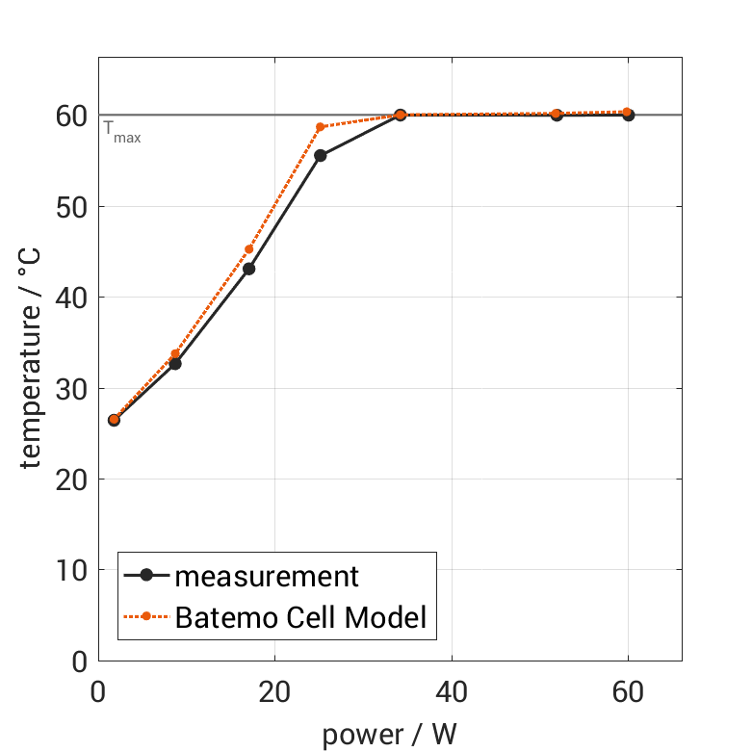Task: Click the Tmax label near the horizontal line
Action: pyautogui.click(x=122, y=135)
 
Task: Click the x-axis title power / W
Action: pyautogui.click(x=389, y=735)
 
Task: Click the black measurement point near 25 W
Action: pyautogui.click(x=320, y=155)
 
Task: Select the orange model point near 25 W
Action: pyautogui.click(x=320, y=127)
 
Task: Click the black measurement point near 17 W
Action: pyautogui.click(x=248, y=269)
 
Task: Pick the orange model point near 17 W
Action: pyautogui.click(x=248, y=249)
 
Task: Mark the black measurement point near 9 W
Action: pyautogui.click(x=175, y=363)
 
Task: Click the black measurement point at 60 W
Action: pyautogui.click(x=628, y=115)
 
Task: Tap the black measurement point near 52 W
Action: pyautogui.click(x=557, y=115)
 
